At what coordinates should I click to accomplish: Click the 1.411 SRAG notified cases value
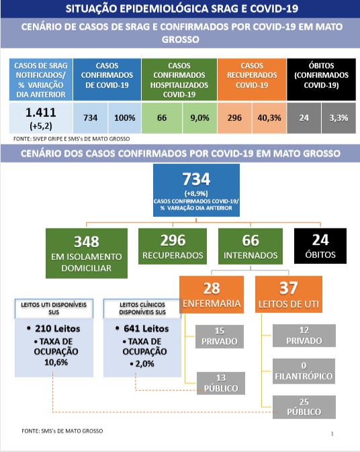pyautogui.click(x=41, y=112)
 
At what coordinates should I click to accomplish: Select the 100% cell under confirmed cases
pyautogui.click(x=124, y=118)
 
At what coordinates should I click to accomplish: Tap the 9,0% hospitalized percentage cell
pyautogui.click(x=199, y=118)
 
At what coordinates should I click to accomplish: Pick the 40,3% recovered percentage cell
pyautogui.click(x=269, y=118)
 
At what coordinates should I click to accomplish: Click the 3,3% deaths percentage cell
pyautogui.click(x=339, y=118)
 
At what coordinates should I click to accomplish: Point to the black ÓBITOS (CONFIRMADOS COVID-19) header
pyautogui.click(x=321, y=79)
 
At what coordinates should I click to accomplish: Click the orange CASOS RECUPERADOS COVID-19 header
pyautogui.click(x=252, y=79)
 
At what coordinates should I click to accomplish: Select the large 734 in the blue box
pyautogui.click(x=196, y=179)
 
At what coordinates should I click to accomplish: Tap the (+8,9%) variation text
pyautogui.click(x=196, y=193)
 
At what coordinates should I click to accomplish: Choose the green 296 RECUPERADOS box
pyautogui.click(x=173, y=246)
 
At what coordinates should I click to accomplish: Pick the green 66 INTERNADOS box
pyautogui.click(x=251, y=246)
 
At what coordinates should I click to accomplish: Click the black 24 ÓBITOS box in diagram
pyautogui.click(x=320, y=246)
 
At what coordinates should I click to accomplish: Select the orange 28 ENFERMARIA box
pyautogui.click(x=212, y=294)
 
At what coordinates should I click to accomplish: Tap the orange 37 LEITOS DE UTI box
pyautogui.click(x=289, y=294)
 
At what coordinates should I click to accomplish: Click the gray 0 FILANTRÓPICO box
pyautogui.click(x=304, y=371)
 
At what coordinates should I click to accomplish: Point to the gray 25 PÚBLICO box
pyautogui.click(x=304, y=407)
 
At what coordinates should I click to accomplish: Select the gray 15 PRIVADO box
pyautogui.click(x=220, y=336)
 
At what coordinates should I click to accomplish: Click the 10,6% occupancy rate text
pyautogui.click(x=56, y=363)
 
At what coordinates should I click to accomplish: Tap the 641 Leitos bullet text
pyautogui.click(x=142, y=328)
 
